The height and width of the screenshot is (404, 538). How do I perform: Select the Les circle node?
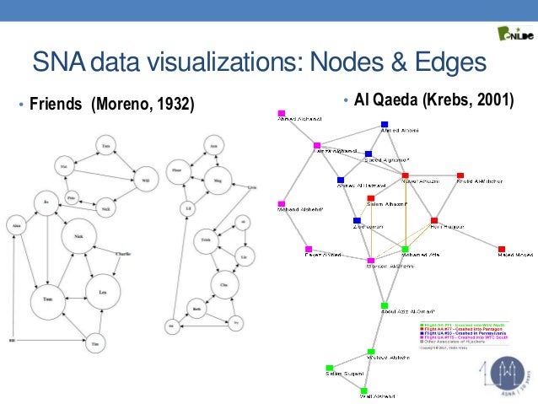103,290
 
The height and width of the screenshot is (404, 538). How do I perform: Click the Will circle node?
145,180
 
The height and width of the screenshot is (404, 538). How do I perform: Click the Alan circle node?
15,225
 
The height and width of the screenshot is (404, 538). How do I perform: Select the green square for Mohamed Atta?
406,250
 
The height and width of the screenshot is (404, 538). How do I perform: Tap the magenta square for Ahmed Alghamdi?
282,113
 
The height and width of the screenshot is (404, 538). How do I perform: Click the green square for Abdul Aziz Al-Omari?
385,305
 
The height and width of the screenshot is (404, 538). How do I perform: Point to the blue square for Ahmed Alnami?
385,125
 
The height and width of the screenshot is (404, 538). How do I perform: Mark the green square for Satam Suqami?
330,368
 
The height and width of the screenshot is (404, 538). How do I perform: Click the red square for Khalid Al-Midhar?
460,175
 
